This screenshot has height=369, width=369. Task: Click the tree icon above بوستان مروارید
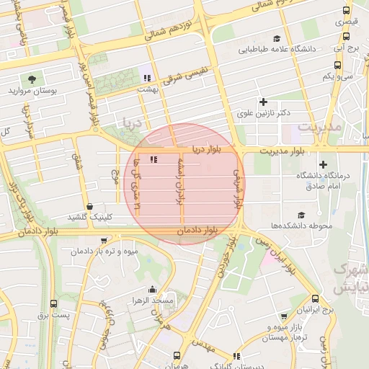click(x=32, y=79)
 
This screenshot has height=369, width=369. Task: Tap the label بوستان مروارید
click(x=33, y=92)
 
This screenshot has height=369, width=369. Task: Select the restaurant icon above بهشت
click(x=148, y=77)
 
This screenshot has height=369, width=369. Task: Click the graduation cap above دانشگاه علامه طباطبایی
click(x=277, y=39)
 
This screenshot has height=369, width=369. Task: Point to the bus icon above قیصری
click(x=347, y=12)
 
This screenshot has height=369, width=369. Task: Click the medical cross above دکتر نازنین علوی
click(x=263, y=102)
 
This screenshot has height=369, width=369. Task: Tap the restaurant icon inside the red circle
click(x=152, y=159)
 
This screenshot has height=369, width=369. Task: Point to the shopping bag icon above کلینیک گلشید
click(x=89, y=206)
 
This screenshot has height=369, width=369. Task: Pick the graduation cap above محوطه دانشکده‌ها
click(x=301, y=215)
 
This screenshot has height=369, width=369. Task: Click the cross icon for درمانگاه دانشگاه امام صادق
click(x=322, y=165)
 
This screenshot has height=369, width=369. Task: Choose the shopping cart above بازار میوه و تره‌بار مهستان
click(x=284, y=316)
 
